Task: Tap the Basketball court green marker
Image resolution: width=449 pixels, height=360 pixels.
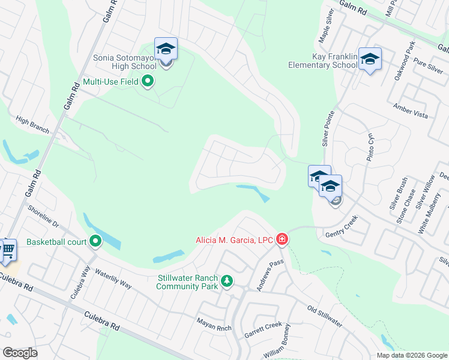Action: click(95, 242)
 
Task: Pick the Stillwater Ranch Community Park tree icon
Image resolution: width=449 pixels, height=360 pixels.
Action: click(227, 281)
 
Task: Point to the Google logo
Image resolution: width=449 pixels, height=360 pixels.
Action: click(20, 352)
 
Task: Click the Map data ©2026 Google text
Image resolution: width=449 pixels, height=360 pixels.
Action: click(412, 355)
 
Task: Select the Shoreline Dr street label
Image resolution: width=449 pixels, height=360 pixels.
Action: click(43, 216)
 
